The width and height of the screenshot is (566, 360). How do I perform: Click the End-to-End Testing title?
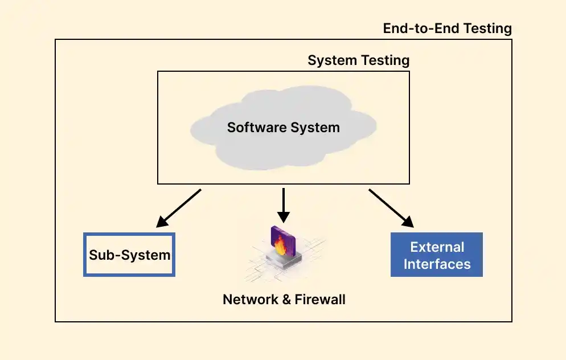447,28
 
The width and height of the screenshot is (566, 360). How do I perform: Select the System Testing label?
358,60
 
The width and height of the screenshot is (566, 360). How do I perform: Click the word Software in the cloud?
255,127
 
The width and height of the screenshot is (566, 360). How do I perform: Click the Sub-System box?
129,255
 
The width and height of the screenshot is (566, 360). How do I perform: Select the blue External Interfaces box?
437,255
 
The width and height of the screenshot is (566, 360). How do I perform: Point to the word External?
437,247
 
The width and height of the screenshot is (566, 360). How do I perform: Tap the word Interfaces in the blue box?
437,264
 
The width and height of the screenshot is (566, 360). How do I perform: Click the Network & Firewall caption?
284,299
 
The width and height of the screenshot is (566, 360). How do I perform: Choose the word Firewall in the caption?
319,299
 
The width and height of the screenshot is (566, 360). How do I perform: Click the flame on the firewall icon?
280,246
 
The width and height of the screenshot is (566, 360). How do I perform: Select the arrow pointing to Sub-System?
179,208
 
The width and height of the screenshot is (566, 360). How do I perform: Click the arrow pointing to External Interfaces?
390,208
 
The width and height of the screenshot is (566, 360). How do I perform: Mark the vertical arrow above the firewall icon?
283,206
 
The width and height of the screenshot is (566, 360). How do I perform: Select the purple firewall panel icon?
282,239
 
